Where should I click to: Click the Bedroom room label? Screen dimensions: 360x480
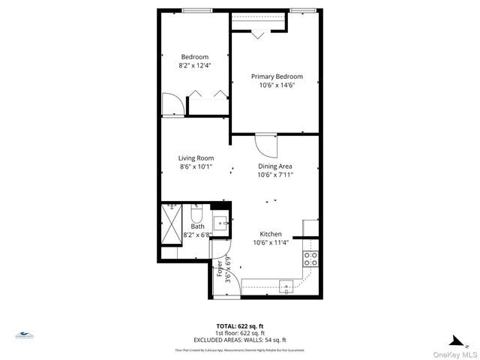194,57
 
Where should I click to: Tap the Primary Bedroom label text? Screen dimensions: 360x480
277,76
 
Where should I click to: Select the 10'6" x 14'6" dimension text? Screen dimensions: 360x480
277,85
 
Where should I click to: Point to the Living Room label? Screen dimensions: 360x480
196,158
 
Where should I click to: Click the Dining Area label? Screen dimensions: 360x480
275,166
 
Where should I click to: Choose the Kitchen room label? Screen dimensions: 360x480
271,233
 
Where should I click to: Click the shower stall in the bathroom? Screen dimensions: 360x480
172,223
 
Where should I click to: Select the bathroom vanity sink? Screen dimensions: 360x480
221,222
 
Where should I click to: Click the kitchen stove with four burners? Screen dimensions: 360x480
310,259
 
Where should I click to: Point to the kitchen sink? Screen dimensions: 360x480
286,285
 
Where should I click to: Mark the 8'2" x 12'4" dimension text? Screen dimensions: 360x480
194,66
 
